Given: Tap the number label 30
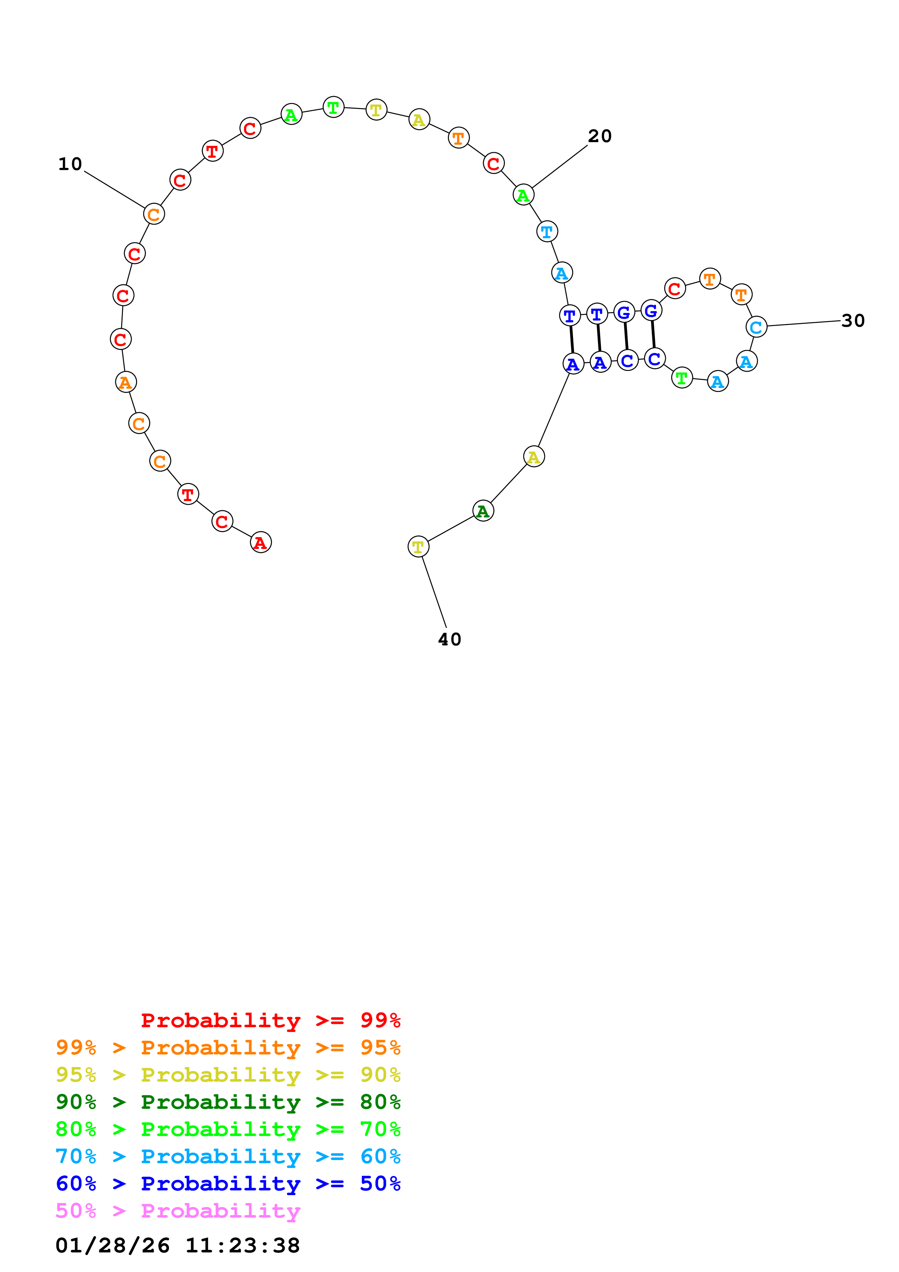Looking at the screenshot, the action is point(853,321).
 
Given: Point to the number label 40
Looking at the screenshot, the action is point(449,639).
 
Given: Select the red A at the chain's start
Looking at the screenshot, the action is point(260,542).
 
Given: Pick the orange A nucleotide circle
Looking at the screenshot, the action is point(126,382).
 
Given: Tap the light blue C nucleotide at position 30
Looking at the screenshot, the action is point(756,327).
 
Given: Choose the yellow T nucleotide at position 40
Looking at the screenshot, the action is point(418,547).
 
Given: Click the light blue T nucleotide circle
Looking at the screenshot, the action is point(547,232).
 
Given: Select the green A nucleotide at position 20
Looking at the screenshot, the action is point(523,195).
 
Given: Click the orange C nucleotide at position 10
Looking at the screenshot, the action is point(154,214).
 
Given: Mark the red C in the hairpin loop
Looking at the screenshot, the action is point(675,289).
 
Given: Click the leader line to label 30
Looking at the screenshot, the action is point(803,323).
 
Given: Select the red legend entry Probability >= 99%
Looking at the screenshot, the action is point(270,1020).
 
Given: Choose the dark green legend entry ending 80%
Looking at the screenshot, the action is point(228,1102).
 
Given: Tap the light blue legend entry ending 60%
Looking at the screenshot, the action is point(228,1156).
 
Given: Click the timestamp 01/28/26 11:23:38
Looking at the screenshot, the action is point(178,1246).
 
